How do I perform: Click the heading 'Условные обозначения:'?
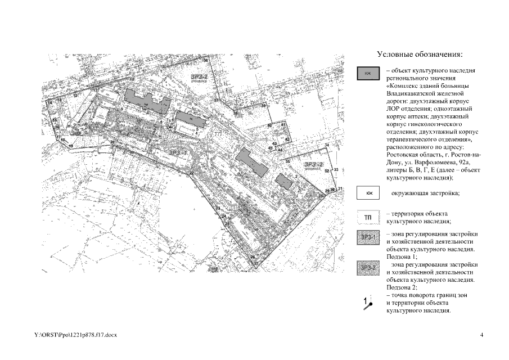point(419,55)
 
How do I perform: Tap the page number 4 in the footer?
point(482,335)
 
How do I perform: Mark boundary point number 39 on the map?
point(263,106)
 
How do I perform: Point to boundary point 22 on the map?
point(192,173)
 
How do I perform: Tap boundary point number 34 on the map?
point(327,146)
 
